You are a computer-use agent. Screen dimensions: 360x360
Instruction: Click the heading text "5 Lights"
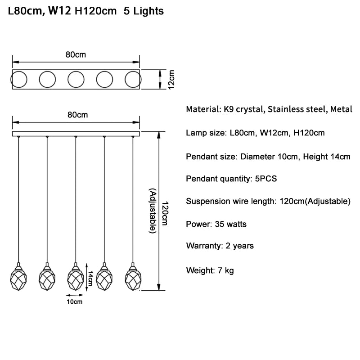(143, 11)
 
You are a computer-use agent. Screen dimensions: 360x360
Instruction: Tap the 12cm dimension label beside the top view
(171, 80)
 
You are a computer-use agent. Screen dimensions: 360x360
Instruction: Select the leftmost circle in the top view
(18, 79)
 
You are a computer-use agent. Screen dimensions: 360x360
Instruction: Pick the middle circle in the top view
(76, 79)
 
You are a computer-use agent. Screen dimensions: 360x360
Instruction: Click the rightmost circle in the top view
(133, 79)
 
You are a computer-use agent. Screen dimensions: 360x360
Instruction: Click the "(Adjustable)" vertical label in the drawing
(153, 211)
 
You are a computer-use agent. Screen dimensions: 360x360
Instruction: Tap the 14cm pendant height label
(90, 278)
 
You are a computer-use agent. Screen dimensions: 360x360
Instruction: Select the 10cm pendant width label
(75, 301)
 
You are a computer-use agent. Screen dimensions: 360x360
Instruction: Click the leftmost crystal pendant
(18, 278)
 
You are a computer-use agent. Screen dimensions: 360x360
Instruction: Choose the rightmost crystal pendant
(133, 278)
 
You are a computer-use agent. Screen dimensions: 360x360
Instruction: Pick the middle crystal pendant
(76, 278)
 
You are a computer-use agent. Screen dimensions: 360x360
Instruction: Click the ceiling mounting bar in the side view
(76, 134)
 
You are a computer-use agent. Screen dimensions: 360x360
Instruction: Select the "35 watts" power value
(231, 224)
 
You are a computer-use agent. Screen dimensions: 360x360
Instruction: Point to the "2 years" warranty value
(239, 246)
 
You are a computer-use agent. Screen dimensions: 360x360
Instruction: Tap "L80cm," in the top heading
(26, 11)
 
